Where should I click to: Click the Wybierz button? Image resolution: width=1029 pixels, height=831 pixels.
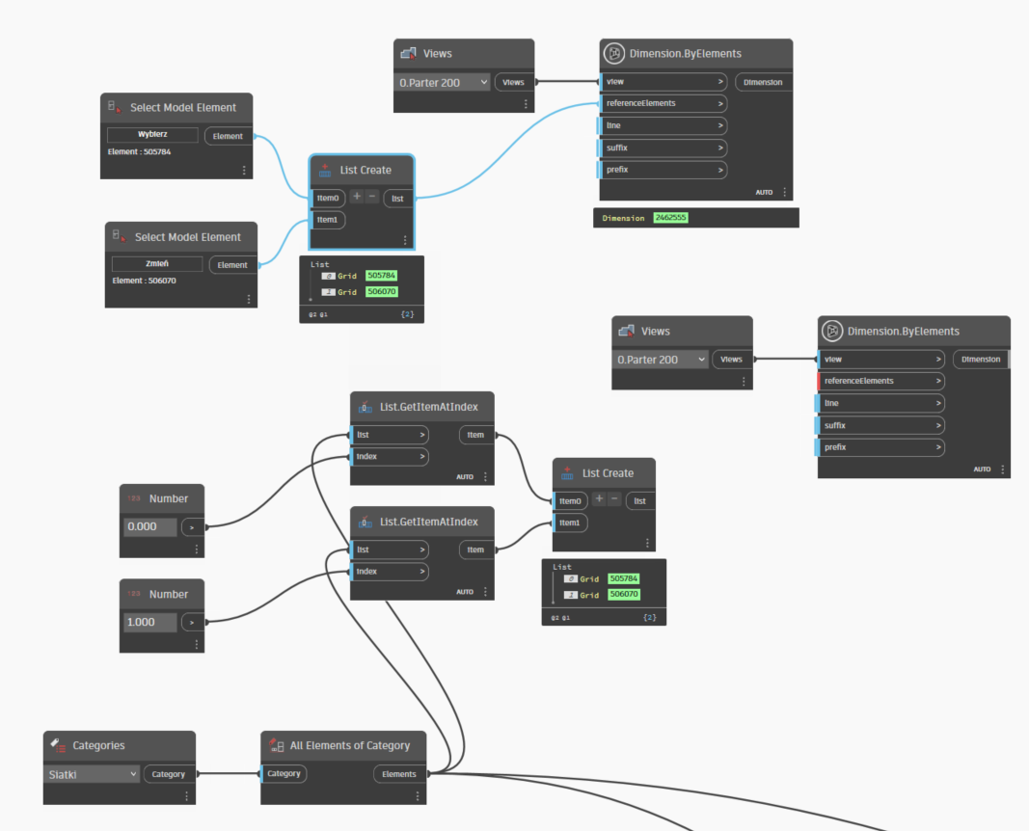click(152, 134)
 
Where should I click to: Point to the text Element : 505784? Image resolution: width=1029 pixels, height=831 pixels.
click(139, 151)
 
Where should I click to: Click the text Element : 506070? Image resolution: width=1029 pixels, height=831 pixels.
click(144, 281)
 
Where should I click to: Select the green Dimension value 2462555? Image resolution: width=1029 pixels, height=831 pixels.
click(670, 218)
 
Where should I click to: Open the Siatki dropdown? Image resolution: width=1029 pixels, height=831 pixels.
click(92, 774)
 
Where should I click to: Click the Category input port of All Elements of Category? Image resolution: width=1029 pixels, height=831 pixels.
click(284, 774)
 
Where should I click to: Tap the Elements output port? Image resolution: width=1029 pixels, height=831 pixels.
click(399, 774)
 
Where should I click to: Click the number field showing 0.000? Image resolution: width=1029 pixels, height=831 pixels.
click(149, 526)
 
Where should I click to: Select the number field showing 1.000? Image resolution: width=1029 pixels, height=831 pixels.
click(149, 623)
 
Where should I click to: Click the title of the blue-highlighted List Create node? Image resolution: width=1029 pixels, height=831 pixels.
click(366, 171)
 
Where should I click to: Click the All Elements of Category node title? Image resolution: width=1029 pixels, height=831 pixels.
click(350, 746)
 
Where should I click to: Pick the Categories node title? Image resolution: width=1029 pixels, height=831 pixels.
click(98, 746)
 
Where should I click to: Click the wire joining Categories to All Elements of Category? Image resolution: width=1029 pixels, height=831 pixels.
click(229, 774)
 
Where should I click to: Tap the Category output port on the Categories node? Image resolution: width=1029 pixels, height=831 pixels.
click(169, 774)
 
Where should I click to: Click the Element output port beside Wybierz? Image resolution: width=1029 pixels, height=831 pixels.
click(228, 137)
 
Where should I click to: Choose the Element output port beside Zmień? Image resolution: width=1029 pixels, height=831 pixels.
click(232, 265)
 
